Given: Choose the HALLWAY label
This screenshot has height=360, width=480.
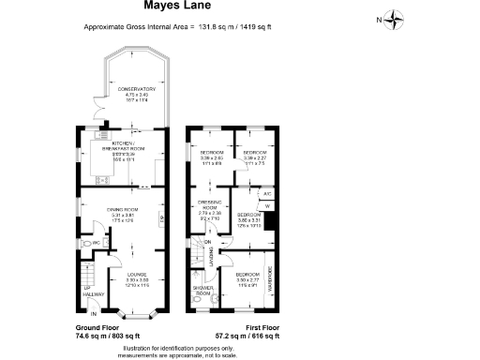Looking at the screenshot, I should pyautogui.click(x=94, y=294).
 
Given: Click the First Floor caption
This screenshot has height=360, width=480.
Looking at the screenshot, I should pyautogui.click(x=260, y=328).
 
